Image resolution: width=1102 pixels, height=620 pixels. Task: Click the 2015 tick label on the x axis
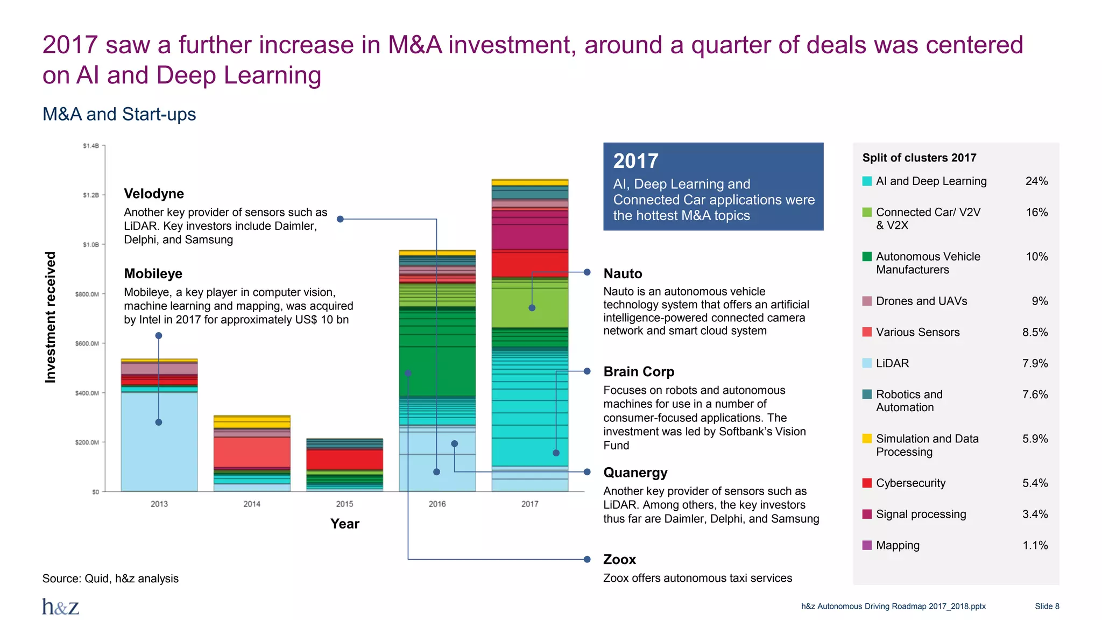pos(344,504)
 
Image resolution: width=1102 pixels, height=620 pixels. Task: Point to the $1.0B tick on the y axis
pos(90,244)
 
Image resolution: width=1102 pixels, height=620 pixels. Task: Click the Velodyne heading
pos(154,194)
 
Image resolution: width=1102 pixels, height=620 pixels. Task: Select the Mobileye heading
pos(153,273)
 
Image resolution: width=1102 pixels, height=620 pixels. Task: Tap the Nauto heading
pos(623,273)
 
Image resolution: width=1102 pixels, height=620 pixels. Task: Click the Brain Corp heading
pos(639,371)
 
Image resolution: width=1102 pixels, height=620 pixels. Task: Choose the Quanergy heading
pos(635,473)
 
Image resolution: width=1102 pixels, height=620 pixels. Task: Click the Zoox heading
pos(619,560)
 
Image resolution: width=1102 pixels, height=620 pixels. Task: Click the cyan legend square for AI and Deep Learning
pos(867,181)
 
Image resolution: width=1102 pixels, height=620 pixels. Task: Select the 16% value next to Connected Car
pos(1036,213)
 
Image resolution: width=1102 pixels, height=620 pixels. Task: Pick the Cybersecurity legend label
pos(910,483)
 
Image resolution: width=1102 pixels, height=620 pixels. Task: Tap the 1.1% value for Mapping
pos(1035,546)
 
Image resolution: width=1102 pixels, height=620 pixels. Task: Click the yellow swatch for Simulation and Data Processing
pos(867,439)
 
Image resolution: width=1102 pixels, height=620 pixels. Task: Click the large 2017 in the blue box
pos(635,161)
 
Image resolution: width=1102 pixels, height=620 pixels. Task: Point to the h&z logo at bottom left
pos(61,607)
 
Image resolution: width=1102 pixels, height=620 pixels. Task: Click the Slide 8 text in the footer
pos(1047,607)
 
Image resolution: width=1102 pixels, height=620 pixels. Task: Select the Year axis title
pos(344,524)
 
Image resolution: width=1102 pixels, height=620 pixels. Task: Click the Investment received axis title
pos(51,318)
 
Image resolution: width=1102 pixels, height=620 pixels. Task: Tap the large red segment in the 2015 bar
pos(344,460)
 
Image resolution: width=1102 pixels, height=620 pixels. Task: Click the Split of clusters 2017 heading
pos(919,158)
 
